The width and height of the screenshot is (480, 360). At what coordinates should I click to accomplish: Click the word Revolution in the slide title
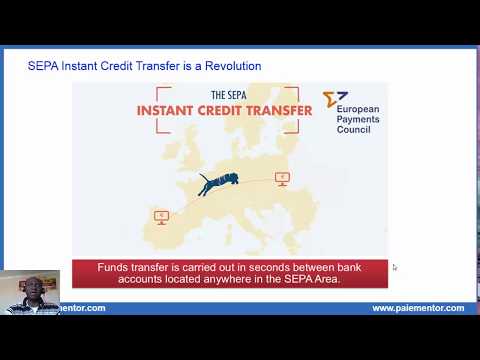tap(231, 66)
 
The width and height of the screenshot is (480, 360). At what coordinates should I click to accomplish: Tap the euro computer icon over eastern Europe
tap(282, 179)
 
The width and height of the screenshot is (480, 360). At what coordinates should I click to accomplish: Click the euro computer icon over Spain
tap(160, 215)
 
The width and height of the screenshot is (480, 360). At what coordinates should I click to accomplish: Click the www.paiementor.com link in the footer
tap(418, 308)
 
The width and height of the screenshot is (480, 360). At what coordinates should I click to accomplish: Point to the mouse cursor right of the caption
tap(394, 267)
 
